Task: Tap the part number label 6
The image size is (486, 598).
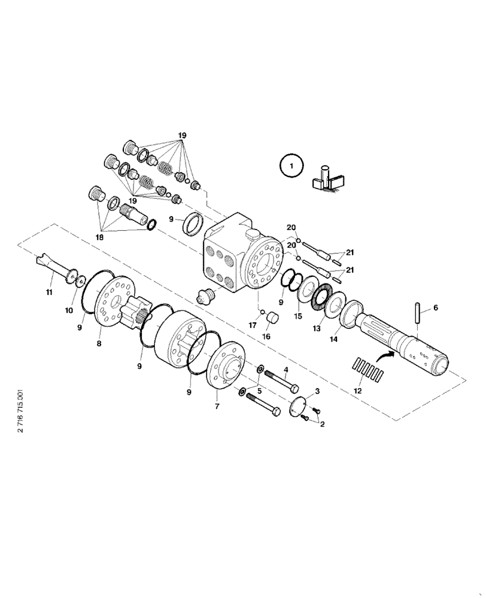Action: click(x=435, y=307)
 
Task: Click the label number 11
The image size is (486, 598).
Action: click(x=49, y=292)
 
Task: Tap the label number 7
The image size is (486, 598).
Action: click(x=217, y=406)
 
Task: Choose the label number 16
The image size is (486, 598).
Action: click(x=267, y=336)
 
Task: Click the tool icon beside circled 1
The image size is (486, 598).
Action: click(x=326, y=178)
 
